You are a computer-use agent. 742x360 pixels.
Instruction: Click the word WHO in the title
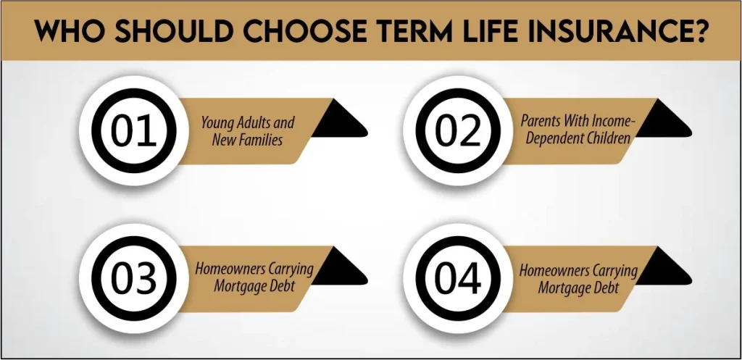coord(67,31)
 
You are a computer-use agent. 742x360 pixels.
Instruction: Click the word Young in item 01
coord(218,122)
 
